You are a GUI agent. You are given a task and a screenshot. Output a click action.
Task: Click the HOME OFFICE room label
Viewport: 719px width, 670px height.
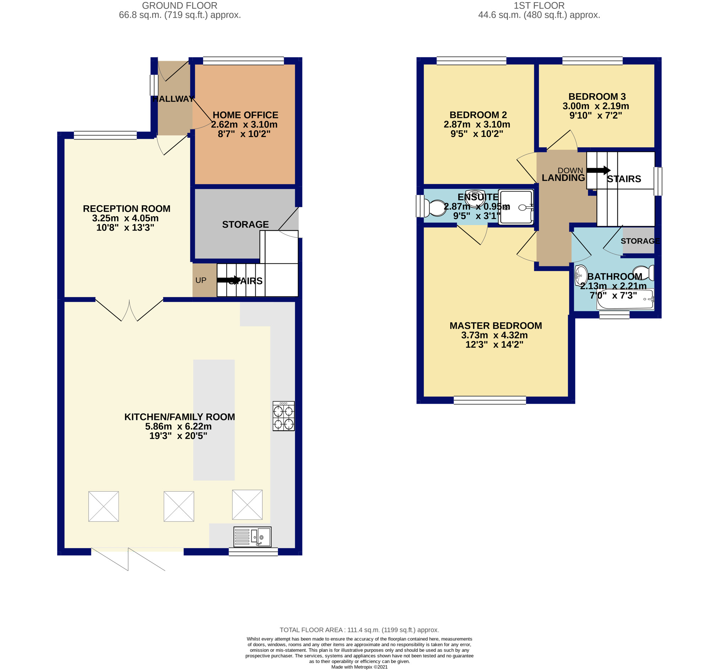(x=245, y=115)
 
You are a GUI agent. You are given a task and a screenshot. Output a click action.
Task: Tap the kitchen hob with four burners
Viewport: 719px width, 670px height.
(x=284, y=416)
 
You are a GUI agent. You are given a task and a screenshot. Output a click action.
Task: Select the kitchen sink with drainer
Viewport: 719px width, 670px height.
(x=252, y=536)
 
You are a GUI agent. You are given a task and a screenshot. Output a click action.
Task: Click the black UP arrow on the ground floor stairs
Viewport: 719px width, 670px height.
(x=229, y=280)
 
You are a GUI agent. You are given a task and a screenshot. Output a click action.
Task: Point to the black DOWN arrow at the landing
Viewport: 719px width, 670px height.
(x=599, y=170)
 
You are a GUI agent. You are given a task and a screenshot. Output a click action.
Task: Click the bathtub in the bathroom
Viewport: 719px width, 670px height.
(x=625, y=299)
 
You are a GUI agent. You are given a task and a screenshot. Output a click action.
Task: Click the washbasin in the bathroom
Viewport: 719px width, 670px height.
(x=581, y=276)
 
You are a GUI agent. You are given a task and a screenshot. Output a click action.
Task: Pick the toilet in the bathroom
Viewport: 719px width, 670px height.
(x=643, y=273)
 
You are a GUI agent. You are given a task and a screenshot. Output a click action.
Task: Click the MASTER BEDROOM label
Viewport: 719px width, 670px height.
(x=495, y=326)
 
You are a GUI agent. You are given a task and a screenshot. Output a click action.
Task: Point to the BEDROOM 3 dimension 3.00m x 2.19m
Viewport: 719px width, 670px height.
(x=596, y=106)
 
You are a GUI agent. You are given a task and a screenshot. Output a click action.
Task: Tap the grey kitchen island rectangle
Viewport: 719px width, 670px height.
(x=214, y=420)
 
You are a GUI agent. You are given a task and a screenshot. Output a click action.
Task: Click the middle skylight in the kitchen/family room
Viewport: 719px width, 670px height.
(x=179, y=506)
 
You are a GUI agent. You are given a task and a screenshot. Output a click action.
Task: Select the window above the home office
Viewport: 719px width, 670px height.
(x=244, y=61)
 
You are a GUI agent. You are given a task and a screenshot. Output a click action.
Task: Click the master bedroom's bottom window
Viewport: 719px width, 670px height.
(x=490, y=400)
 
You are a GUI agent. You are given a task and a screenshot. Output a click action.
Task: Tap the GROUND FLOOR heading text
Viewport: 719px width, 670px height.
(x=180, y=5)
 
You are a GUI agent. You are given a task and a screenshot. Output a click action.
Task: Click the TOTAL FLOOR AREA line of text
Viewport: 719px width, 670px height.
(x=359, y=630)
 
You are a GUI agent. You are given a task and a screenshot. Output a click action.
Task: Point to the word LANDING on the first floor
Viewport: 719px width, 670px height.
(x=563, y=178)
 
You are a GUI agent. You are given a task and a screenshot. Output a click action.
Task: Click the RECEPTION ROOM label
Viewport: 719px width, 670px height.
(x=127, y=209)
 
